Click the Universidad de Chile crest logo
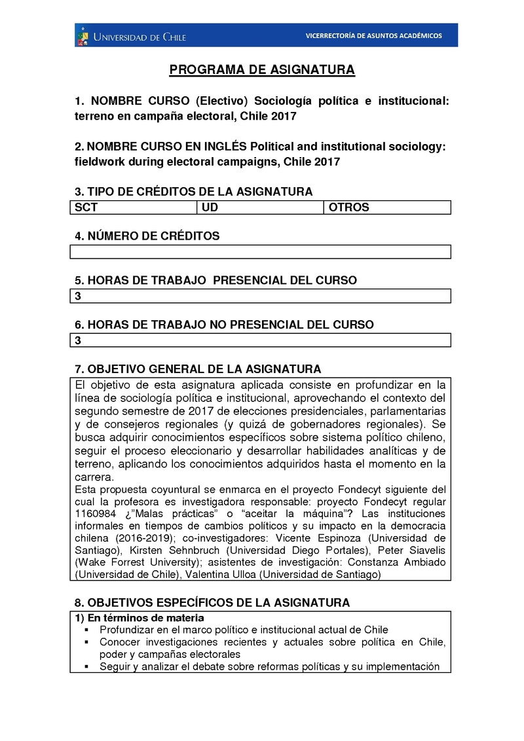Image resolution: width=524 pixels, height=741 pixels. tap(83, 35)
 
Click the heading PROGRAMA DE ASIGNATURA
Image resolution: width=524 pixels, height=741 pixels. tap(262, 70)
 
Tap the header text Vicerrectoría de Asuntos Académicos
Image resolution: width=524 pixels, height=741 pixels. tap(373, 35)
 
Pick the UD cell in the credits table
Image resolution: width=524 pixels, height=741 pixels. tap(259, 208)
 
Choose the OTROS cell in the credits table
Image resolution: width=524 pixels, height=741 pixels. tap(387, 208)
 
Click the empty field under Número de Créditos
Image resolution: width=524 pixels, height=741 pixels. tap(259, 252)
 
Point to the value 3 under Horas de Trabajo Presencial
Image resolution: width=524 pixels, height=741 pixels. tap(78, 297)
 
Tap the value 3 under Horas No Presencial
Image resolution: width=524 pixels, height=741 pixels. tap(78, 340)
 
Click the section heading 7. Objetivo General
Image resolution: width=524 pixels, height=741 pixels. tap(198, 369)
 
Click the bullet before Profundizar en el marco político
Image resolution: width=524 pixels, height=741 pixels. tap(86, 630)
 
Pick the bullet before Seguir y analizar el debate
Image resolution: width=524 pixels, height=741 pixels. tap(86, 667)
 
